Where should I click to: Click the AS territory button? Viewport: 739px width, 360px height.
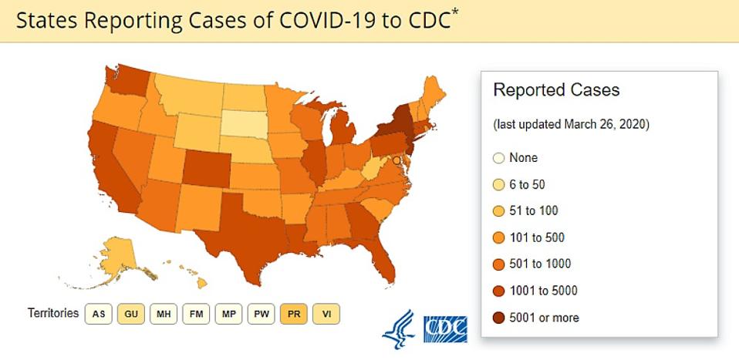(99, 314)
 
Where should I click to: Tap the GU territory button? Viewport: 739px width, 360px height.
(131, 314)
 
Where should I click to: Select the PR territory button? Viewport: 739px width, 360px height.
(293, 314)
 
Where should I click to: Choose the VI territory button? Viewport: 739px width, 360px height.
(326, 314)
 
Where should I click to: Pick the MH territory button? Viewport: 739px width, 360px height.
(164, 314)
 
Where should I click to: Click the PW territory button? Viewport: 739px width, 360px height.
(261, 314)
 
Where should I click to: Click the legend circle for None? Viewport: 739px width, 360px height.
(498, 158)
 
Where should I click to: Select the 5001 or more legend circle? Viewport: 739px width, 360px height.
(498, 318)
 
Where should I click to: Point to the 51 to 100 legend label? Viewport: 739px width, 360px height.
(534, 211)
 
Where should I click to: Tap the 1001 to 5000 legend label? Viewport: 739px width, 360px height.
(543, 291)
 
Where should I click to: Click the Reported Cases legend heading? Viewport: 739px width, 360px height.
(556, 90)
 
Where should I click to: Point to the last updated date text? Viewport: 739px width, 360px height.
(571, 124)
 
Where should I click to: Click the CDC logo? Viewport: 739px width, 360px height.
(445, 328)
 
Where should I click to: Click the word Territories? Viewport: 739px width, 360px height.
(52, 314)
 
